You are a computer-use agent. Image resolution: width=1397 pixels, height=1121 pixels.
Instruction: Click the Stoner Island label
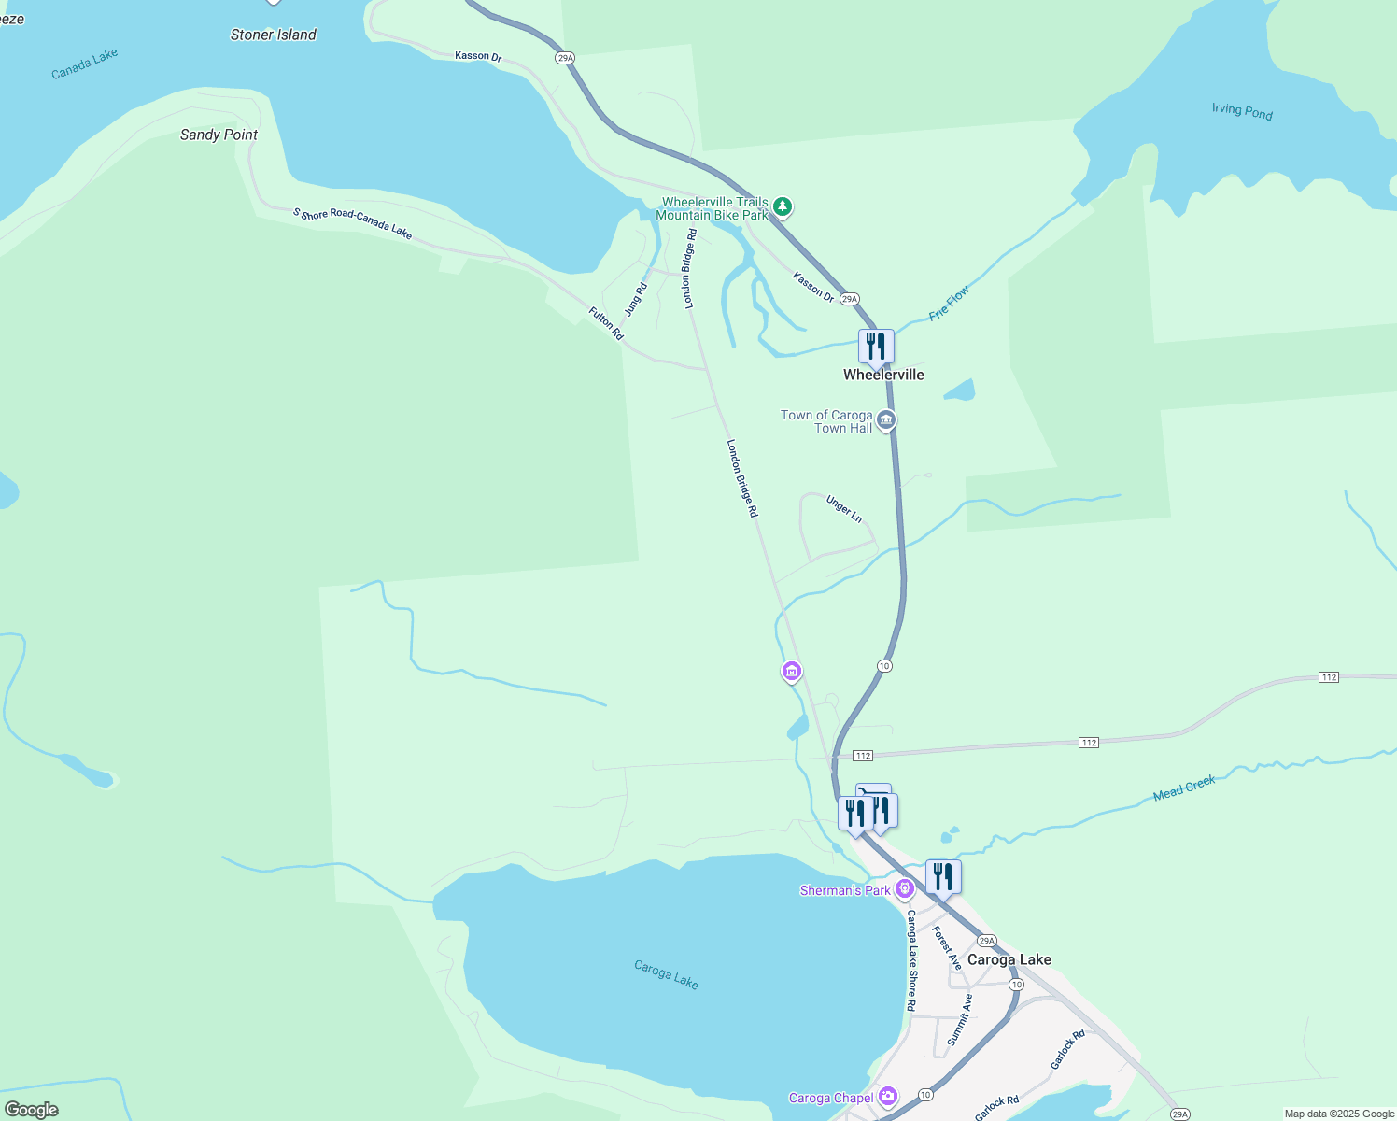tap(273, 35)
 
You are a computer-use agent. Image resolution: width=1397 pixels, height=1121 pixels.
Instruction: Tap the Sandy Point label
tap(219, 135)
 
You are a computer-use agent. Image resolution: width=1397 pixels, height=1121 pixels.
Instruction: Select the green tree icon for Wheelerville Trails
tap(783, 206)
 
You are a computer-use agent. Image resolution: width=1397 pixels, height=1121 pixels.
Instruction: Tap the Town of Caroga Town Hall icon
tap(886, 421)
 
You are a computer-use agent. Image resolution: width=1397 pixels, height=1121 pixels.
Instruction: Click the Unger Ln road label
tap(844, 509)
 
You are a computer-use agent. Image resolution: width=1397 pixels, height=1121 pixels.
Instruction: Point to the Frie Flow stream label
tap(950, 303)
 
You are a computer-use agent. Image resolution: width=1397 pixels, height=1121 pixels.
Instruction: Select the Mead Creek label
tap(1184, 788)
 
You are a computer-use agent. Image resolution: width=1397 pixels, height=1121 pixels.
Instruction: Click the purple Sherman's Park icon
tap(904, 888)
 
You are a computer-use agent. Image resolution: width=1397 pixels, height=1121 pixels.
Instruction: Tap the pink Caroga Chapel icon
tap(888, 1096)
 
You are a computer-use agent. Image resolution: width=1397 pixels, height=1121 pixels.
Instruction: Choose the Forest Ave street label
tap(947, 948)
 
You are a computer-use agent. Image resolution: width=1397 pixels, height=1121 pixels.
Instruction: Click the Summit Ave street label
tap(960, 1019)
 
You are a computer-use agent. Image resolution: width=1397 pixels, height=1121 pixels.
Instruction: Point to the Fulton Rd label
tap(606, 323)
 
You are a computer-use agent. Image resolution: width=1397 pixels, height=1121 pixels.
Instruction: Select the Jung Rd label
tap(636, 299)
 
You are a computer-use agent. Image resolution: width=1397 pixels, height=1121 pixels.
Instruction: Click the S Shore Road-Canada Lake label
tap(352, 223)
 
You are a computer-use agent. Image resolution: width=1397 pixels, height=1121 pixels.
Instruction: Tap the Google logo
tap(31, 1110)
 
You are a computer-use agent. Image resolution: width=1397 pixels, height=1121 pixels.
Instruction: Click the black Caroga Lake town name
tap(1009, 959)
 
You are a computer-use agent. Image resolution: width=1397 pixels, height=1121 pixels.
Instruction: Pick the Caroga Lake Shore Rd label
tap(912, 960)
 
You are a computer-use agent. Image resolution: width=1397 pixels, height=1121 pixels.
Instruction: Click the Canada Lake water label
tap(85, 64)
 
